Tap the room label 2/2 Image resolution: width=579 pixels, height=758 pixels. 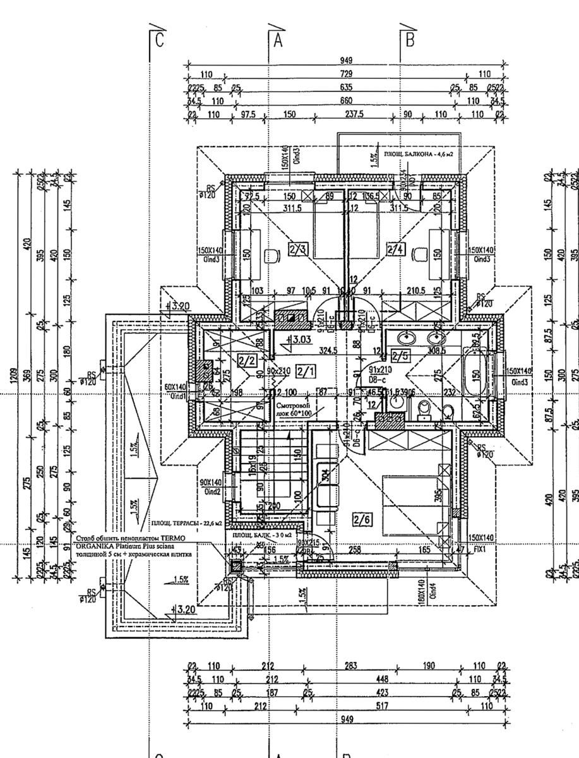tap(246, 361)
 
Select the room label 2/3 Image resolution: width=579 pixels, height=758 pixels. tap(297, 250)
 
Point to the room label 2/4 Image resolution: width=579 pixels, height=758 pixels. tap(396, 250)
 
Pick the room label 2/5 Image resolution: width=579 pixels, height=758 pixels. tap(400, 356)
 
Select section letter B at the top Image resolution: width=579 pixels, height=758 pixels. tap(410, 40)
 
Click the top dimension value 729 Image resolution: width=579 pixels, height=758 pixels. tap(346, 75)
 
